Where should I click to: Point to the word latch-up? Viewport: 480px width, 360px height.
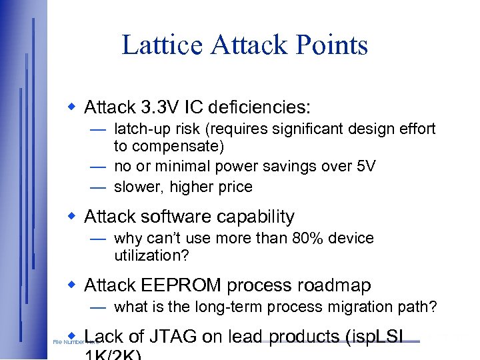coord(143,129)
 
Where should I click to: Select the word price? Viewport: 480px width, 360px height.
coord(234,187)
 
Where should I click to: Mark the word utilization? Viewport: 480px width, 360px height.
coord(144,255)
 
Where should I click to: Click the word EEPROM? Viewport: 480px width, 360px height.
coord(179,285)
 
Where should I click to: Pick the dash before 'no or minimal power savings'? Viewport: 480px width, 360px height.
coord(99,166)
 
